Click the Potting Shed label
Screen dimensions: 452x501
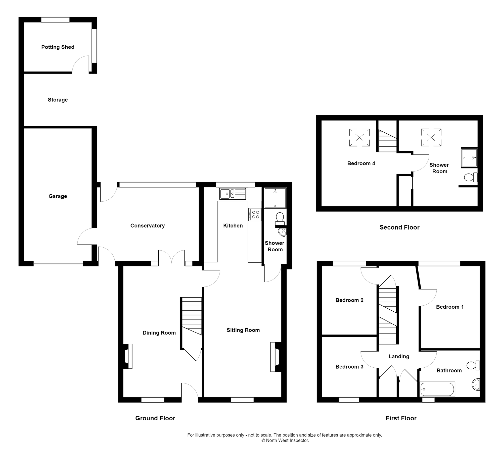(58, 47)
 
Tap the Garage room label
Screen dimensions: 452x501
(58, 196)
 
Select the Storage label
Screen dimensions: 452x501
(58, 100)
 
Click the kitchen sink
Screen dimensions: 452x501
(232, 194)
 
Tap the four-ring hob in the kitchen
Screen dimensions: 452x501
(255, 214)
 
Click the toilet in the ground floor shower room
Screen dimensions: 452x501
(280, 219)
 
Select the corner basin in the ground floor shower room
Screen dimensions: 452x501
(282, 232)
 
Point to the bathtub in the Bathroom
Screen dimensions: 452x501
(437, 389)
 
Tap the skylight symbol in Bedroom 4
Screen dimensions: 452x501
(359, 137)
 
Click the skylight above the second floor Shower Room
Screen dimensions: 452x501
(431, 137)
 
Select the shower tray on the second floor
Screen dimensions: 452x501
(469, 158)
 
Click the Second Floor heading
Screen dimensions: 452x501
(399, 228)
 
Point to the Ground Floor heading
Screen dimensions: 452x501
(155, 418)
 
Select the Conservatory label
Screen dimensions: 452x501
(148, 226)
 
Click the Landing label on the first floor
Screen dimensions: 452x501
(399, 357)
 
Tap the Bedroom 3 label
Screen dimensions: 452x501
(349, 367)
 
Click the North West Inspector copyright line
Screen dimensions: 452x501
(285, 440)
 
